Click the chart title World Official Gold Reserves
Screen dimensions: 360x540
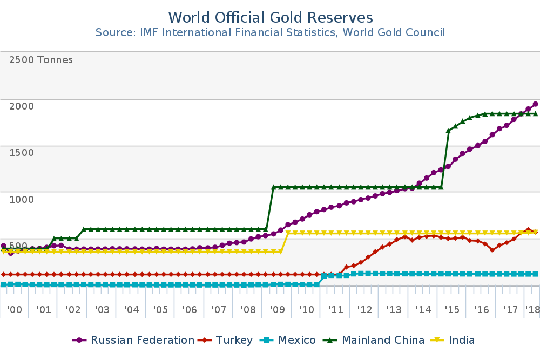click(x=270, y=17)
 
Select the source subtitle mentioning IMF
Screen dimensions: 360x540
click(x=270, y=32)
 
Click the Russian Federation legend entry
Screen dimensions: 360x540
click(x=142, y=340)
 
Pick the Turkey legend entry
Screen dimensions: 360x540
click(x=234, y=340)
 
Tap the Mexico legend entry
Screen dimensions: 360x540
click(x=296, y=340)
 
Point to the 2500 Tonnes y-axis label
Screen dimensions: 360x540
click(x=41, y=60)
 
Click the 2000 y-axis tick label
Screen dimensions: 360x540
click(x=22, y=106)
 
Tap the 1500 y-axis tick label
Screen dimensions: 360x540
click(x=22, y=152)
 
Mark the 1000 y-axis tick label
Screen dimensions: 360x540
click(x=22, y=199)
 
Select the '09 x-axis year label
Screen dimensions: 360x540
click(x=277, y=310)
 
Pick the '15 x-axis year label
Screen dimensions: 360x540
click(x=452, y=310)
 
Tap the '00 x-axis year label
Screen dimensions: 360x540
click(x=15, y=310)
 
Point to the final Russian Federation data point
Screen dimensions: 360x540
click(x=535, y=104)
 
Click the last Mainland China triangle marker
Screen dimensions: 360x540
click(x=535, y=114)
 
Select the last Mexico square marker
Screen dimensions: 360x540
click(x=535, y=274)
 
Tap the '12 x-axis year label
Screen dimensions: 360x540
click(x=364, y=310)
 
